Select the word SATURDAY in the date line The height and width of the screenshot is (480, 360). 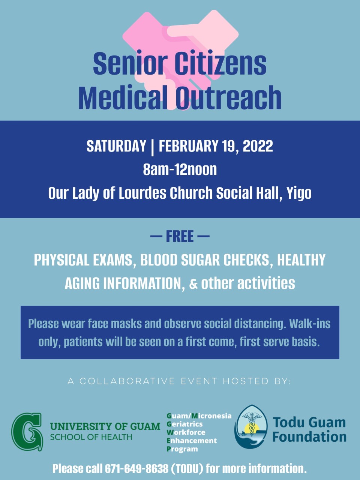(116, 146)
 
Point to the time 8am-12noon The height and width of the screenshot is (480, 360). (180, 169)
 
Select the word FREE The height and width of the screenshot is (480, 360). (180, 236)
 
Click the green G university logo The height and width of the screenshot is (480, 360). (27, 432)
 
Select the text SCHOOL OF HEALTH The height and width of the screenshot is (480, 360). (91, 437)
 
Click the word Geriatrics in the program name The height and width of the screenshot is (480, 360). (185, 424)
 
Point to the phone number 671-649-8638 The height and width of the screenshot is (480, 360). (137, 469)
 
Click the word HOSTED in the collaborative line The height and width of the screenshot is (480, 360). (246, 381)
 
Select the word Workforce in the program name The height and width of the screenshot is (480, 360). (186, 432)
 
